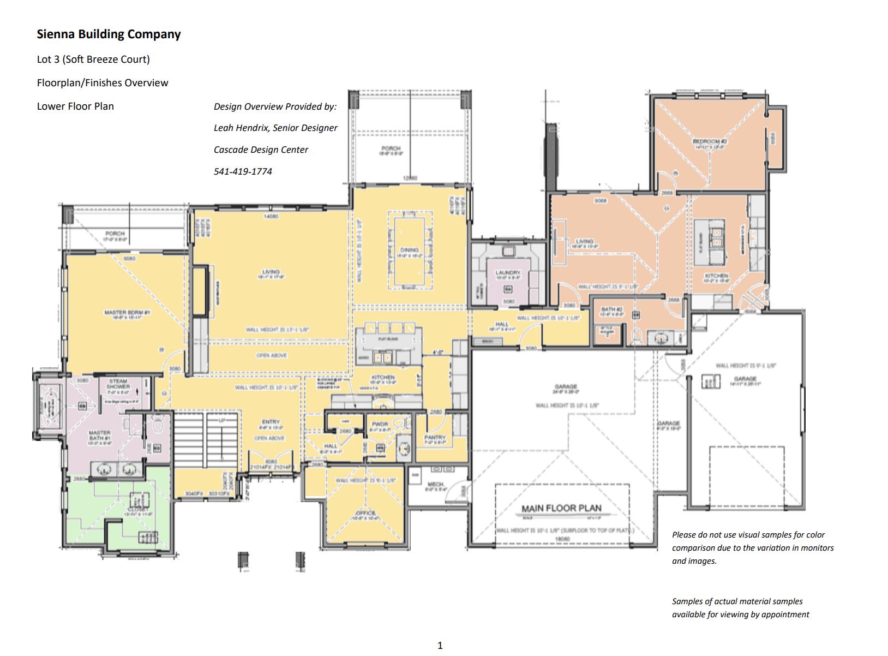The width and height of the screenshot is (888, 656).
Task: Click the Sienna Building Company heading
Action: point(109,34)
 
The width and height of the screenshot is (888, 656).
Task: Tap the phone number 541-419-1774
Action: point(243,171)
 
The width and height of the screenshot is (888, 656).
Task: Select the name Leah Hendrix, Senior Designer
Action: point(275,128)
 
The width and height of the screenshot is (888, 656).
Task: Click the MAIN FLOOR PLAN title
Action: point(561,508)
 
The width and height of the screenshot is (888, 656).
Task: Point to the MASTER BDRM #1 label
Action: point(123,313)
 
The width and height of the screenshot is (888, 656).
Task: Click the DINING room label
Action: point(409,250)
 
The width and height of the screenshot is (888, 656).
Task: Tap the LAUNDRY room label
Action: point(508,272)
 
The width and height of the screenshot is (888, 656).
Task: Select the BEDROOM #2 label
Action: point(710,141)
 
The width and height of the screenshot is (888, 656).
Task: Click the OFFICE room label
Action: point(366,514)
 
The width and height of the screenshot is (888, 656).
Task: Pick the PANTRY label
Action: point(435,437)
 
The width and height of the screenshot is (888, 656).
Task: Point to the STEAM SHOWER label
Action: point(118,384)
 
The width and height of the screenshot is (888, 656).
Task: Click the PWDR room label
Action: point(380,424)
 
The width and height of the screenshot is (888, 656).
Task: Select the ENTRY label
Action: point(271,422)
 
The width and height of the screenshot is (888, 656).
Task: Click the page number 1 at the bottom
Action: point(440,646)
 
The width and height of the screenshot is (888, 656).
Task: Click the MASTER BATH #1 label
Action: point(100,435)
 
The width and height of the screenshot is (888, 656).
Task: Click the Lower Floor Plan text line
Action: point(75,106)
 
